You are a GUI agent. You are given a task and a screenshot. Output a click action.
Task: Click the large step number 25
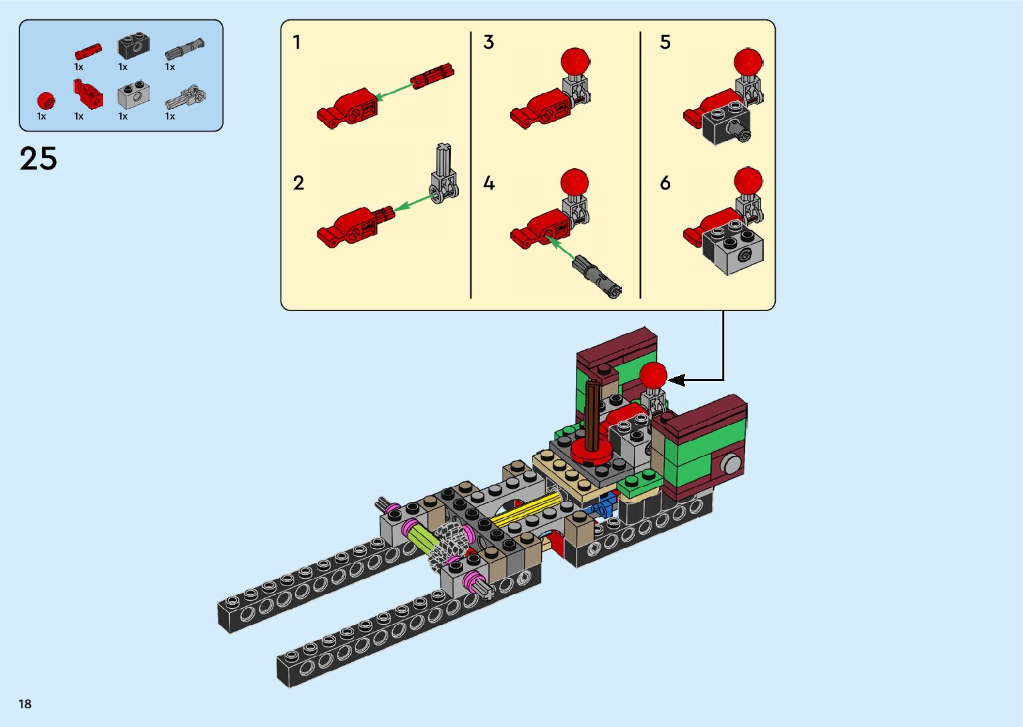click(39, 159)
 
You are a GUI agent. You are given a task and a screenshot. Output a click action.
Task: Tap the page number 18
click(25, 704)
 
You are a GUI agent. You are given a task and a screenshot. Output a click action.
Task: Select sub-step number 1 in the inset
click(297, 43)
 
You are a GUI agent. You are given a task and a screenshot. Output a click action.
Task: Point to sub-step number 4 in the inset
click(489, 183)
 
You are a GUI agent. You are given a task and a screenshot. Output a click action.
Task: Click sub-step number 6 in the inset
click(665, 183)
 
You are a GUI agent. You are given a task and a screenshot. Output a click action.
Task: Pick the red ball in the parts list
click(45, 101)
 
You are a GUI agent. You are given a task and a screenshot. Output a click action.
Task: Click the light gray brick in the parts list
click(133, 96)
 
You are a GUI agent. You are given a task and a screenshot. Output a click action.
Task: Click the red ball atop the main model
click(653, 376)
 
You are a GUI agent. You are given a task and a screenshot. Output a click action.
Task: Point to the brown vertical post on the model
click(593, 414)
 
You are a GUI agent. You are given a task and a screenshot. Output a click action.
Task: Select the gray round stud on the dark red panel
click(731, 463)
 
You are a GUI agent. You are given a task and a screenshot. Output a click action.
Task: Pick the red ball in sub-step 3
click(575, 61)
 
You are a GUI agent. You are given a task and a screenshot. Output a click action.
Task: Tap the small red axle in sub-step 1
click(432, 75)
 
